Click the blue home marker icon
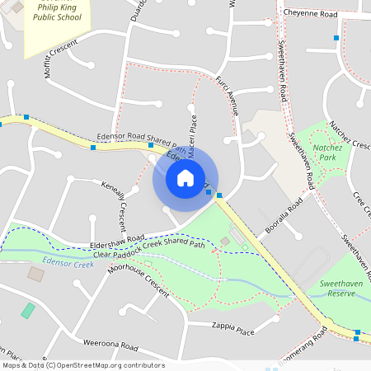click(185, 177)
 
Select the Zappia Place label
click(232, 328)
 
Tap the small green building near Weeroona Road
click(28, 311)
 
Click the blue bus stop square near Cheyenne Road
click(336, 38)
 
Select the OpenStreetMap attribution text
click(82, 365)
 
